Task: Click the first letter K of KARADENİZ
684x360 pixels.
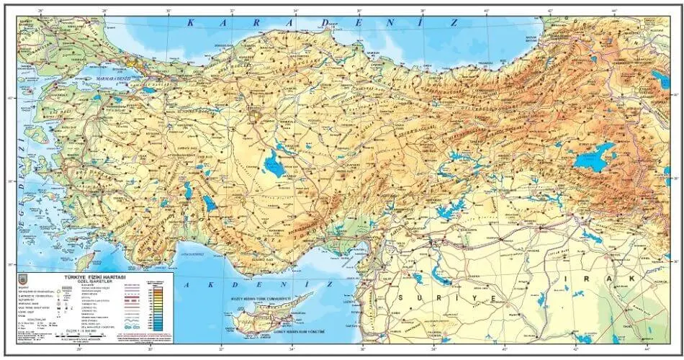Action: tap(190, 23)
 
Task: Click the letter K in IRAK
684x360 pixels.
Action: tap(634, 278)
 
